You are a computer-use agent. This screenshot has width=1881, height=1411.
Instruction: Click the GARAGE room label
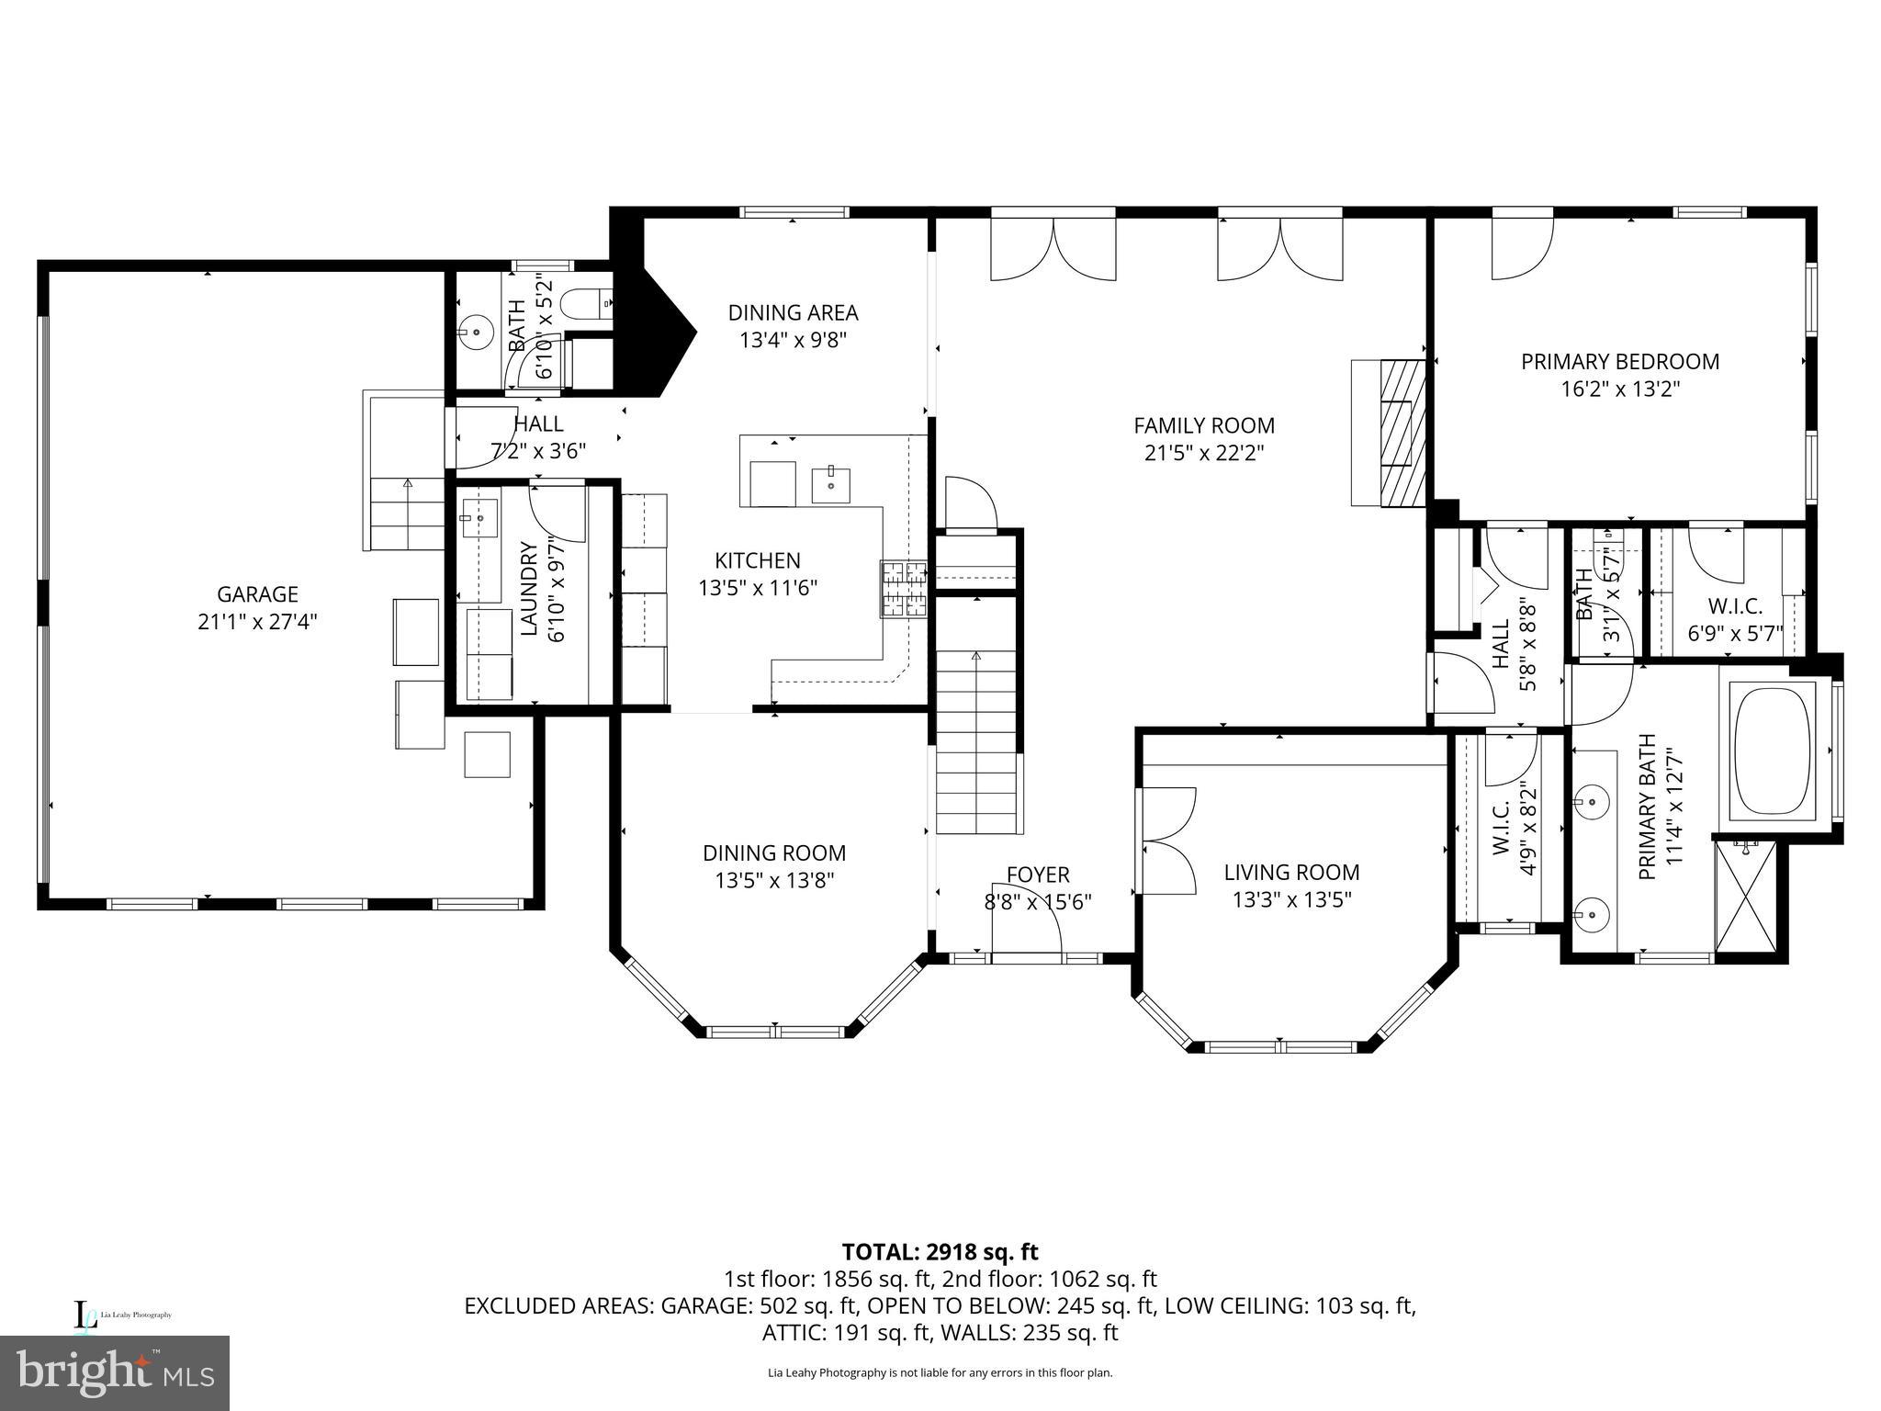(257, 594)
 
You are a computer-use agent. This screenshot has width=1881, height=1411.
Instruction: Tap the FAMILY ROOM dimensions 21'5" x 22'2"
(1204, 453)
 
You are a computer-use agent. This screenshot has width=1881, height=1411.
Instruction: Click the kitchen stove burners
(904, 589)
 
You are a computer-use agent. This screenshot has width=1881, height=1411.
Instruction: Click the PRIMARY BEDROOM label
(1620, 362)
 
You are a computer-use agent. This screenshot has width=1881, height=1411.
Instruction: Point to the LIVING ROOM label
(1291, 872)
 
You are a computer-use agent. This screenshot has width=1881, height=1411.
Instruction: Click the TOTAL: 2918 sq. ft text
(940, 1251)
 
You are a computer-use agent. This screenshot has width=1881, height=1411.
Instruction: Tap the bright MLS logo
(114, 1372)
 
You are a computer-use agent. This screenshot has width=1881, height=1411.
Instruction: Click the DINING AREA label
(793, 312)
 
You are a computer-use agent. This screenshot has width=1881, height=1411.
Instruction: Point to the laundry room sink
(479, 518)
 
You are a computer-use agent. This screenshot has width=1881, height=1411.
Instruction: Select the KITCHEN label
(758, 560)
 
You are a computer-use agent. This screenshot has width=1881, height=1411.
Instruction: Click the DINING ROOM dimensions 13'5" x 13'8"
(774, 881)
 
